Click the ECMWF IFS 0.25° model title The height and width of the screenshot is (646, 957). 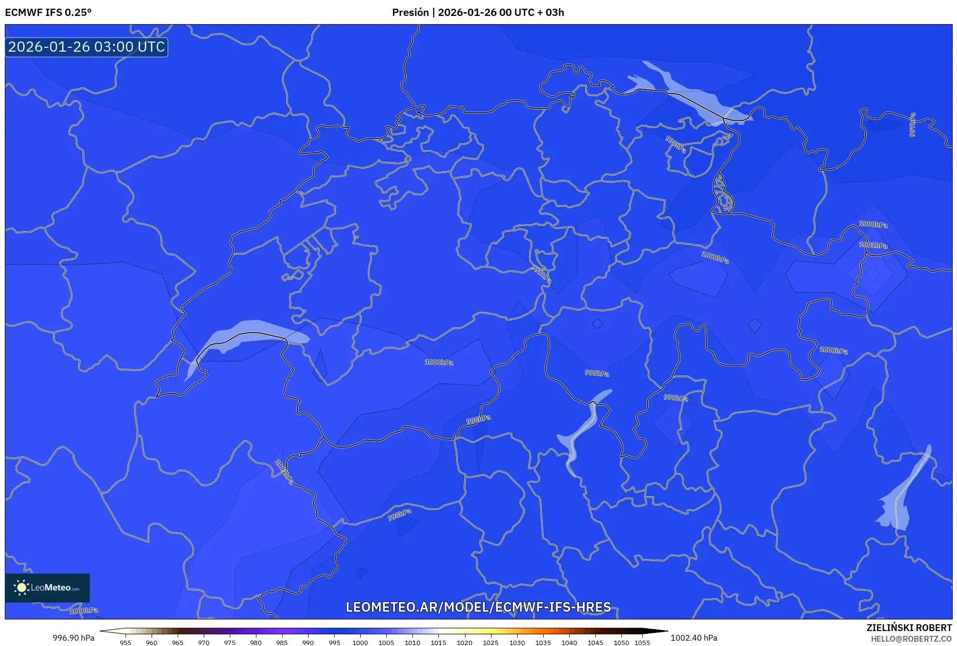pyautogui.click(x=48, y=13)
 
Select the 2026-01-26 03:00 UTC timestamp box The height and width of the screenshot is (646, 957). pyautogui.click(x=86, y=47)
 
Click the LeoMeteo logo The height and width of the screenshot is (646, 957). pyautogui.click(x=47, y=588)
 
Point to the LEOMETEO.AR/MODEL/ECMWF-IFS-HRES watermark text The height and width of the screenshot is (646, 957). pyautogui.click(x=478, y=607)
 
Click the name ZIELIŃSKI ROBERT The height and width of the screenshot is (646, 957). pyautogui.click(x=909, y=628)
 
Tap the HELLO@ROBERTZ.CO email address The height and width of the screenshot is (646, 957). pyautogui.click(x=911, y=639)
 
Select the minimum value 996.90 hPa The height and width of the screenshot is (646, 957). pyautogui.click(x=73, y=638)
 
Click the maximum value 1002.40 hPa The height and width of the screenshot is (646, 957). pyautogui.click(x=693, y=638)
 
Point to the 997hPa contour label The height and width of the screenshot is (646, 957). pyautogui.click(x=912, y=125)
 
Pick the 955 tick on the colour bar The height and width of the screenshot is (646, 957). pyautogui.click(x=126, y=642)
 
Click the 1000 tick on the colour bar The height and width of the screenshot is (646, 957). pyautogui.click(x=360, y=642)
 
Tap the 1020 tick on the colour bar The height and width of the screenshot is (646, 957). pyautogui.click(x=464, y=642)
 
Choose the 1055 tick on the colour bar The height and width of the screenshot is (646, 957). pyautogui.click(x=642, y=642)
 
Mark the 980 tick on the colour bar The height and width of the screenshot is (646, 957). pyautogui.click(x=256, y=642)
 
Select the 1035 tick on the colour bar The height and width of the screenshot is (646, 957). pyautogui.click(x=543, y=642)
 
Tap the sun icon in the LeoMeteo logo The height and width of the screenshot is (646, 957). pyautogui.click(x=22, y=588)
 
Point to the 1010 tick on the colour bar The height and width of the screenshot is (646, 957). pyautogui.click(x=412, y=642)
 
